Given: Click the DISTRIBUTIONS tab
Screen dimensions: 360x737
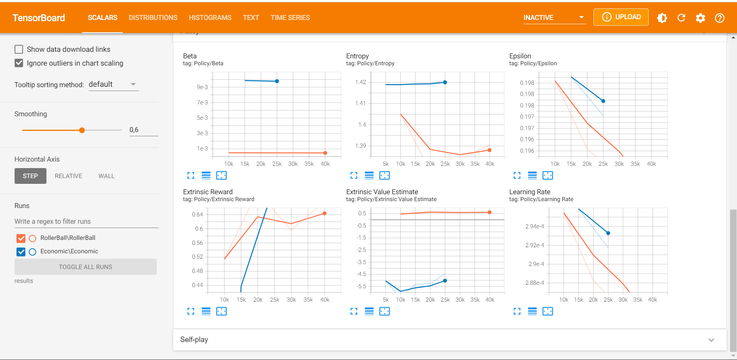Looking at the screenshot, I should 153,18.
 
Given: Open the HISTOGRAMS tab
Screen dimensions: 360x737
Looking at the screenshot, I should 210,18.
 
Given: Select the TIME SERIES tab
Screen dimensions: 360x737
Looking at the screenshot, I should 290,18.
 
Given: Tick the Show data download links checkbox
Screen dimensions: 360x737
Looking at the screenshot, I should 19,50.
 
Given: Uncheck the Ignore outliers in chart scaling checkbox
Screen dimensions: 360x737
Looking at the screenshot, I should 19,63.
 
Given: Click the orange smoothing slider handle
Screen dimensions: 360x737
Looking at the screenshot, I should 82,130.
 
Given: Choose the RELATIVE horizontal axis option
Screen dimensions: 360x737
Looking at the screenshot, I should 68,176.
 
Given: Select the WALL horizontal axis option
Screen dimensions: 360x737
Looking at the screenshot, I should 106,176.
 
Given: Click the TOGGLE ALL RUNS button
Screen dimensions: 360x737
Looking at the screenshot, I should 85,267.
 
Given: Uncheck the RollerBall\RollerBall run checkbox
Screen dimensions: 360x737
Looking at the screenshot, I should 21,238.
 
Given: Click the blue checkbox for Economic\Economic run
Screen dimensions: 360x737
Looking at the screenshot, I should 21,252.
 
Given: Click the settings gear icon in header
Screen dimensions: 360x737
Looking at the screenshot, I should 701,18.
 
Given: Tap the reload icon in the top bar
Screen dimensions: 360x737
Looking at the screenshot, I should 681,18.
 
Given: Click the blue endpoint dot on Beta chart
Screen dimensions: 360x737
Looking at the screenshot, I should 277,81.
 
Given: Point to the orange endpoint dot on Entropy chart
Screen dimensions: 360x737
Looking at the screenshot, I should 489,150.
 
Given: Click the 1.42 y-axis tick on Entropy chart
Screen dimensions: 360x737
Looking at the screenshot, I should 360,82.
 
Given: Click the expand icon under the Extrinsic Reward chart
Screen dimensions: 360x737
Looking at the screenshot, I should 191,311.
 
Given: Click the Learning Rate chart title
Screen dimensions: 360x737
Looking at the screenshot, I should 529,192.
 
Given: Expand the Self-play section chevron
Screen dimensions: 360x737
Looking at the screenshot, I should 711,340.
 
